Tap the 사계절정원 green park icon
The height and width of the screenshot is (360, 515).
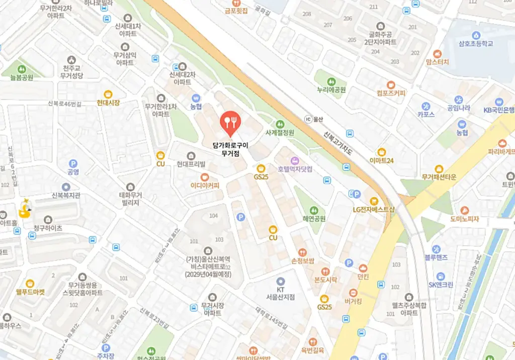point(280,124)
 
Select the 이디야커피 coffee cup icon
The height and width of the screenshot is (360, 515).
point(205,177)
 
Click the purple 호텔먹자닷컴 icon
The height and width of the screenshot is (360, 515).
point(295,160)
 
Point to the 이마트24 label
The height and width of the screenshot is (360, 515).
point(381,160)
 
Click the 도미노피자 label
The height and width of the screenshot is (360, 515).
point(464,219)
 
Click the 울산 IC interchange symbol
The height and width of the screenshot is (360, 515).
point(308,119)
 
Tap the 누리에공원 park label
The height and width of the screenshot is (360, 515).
point(331,90)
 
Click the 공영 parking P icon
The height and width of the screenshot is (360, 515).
point(73,163)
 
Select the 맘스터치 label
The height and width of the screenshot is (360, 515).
point(437,62)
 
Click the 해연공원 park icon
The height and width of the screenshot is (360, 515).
point(314,210)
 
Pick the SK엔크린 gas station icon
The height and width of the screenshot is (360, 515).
point(441,276)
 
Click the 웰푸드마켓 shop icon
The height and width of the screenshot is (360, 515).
point(30,284)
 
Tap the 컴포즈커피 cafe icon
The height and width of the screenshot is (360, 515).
point(391,85)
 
